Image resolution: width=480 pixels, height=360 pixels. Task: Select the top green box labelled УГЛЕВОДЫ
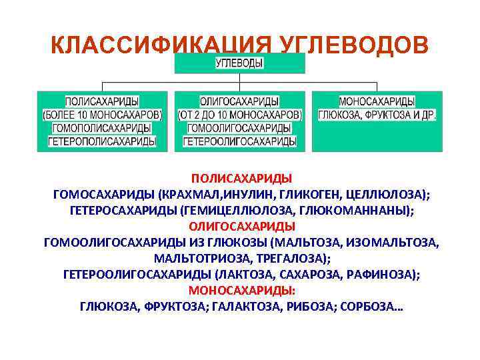(x=239, y=63)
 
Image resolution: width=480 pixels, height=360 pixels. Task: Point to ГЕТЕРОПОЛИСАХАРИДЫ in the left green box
(x=101, y=141)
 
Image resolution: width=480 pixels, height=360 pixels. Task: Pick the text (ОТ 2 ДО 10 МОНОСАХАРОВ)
(x=239, y=114)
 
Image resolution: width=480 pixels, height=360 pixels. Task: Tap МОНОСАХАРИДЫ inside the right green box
(x=377, y=101)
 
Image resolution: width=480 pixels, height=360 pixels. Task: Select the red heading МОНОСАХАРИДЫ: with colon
(x=242, y=291)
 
